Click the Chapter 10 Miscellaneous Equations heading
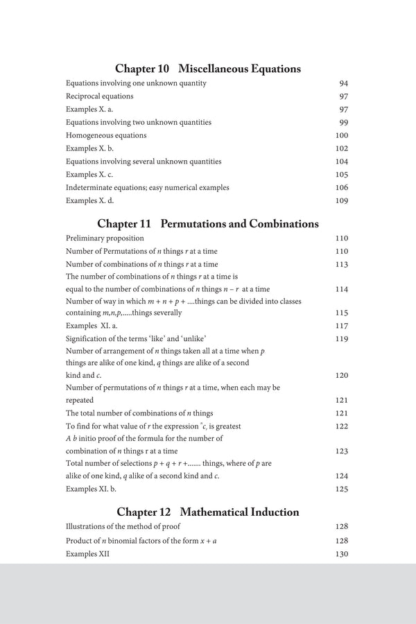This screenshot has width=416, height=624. click(207, 69)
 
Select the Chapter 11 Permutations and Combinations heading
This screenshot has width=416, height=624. click(207, 224)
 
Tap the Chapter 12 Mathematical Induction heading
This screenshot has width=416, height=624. click(207, 512)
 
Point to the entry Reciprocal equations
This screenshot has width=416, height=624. click(100, 96)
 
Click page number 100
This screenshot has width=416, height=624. click(341, 135)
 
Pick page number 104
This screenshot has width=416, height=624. click(341, 162)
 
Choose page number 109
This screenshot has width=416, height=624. click(341, 200)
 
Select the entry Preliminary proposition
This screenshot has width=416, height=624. click(105, 239)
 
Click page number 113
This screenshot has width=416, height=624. click(341, 264)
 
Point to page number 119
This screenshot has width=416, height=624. click(341, 338)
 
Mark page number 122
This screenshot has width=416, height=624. click(341, 426)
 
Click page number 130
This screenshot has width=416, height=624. click(341, 554)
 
